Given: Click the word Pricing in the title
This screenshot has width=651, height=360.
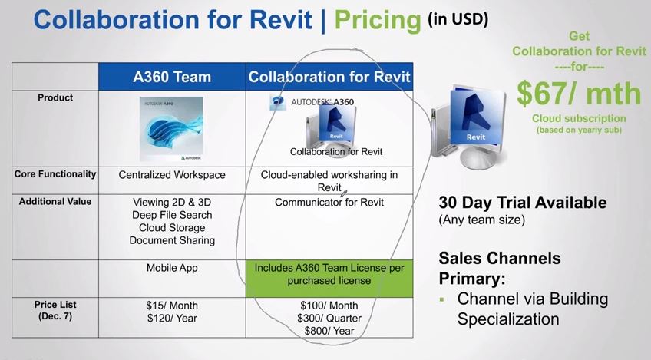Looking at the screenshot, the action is coord(378,20).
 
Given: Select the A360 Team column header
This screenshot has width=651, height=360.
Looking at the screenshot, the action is coord(172,77).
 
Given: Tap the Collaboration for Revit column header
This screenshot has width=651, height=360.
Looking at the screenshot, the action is coord(329,77).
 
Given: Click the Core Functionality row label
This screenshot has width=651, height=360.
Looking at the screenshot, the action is coord(55,174).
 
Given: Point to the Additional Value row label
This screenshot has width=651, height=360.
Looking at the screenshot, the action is coord(55,201).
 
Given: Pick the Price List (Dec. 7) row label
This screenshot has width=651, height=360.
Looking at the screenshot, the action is coord(55,310).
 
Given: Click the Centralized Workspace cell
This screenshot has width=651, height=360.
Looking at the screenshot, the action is coord(172,175).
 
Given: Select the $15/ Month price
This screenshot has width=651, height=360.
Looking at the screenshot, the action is coord(172,306).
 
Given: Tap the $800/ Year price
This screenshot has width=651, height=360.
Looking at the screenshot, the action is coord(329,331).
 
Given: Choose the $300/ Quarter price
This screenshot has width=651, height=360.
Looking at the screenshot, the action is coord(329,319).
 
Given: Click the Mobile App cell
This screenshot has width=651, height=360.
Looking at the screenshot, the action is coord(172,268).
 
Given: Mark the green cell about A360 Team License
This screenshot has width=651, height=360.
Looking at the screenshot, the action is coord(329,279).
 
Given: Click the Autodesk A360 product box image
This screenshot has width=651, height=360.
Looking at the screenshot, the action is coord(171,129).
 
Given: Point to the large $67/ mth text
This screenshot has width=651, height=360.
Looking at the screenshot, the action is coord(579,94).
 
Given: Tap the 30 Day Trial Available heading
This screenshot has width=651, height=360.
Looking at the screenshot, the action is coord(523,203).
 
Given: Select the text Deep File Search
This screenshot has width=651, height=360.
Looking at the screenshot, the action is coord(172,215).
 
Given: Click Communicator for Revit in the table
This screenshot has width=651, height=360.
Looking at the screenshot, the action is coord(329,202).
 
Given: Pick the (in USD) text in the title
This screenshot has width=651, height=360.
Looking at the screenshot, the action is coord(458,18).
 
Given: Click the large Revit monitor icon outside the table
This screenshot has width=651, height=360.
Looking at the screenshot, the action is coord(469,127).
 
